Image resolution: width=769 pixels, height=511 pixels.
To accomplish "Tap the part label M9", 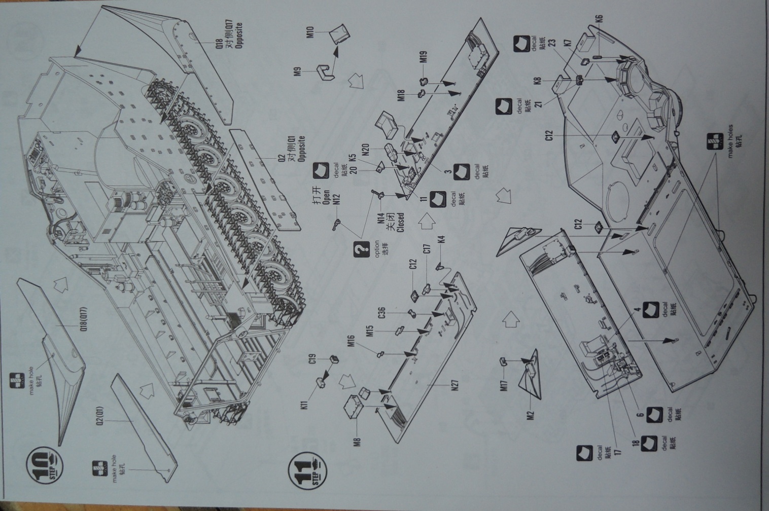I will (298, 71).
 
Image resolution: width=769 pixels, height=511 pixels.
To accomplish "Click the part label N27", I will (455, 385).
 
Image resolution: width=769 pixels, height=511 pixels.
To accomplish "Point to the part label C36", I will (395, 311).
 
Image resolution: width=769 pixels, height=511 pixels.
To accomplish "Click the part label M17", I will (504, 386).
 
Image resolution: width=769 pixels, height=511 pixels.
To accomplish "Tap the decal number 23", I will (552, 43).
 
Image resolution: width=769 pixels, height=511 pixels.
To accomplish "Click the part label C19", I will (313, 361).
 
